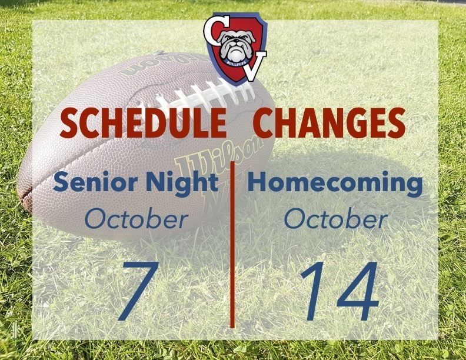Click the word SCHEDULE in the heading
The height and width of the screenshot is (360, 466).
coord(144,124)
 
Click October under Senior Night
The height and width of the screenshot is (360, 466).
coord(136,219)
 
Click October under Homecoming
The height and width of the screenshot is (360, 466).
coord(335,219)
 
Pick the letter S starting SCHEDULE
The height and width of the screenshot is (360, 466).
coord(69,124)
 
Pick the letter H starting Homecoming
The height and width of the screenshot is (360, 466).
coord(258,183)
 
